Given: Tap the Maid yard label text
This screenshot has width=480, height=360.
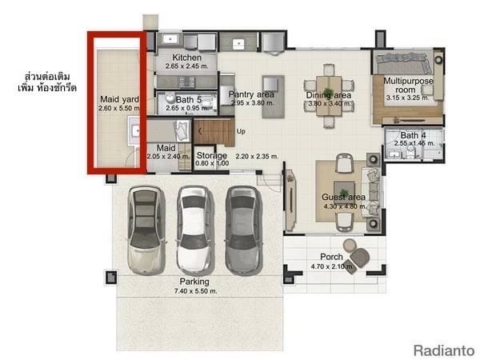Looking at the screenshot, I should click(115, 98).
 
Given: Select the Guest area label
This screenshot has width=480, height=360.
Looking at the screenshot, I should click(343, 197).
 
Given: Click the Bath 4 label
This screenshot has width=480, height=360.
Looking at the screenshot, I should click(414, 135).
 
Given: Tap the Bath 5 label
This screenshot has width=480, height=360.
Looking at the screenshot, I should click(190, 100).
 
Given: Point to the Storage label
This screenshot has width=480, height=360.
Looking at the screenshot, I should click(212, 155).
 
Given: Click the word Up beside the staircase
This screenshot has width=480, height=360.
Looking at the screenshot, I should click(241, 131).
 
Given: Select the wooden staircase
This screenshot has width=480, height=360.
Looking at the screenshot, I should click(213, 130).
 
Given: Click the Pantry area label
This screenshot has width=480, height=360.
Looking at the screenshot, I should click(251, 94).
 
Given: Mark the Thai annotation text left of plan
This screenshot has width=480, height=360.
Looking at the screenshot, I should click(50, 82).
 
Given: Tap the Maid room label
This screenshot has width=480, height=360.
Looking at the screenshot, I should click(166, 148).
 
